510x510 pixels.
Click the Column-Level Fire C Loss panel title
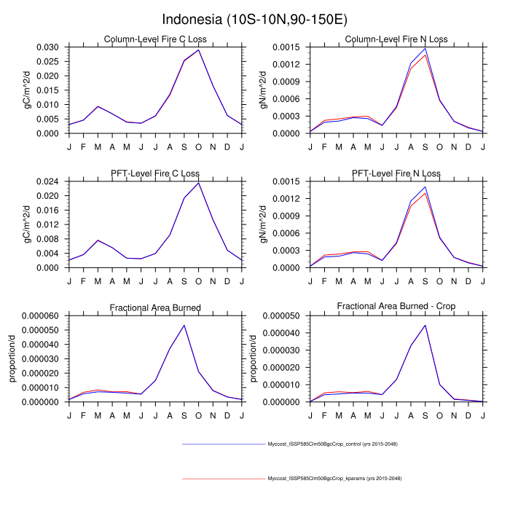pyautogui.click(x=154, y=39)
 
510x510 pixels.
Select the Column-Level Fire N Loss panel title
pyautogui.click(x=396, y=39)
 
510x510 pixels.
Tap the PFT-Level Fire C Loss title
pyautogui.click(x=154, y=173)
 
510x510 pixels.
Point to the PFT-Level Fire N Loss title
pyautogui.click(x=396, y=173)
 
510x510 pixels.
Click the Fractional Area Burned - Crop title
pyautogui.click(x=396, y=307)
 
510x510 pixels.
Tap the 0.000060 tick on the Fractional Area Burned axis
pyautogui.click(x=42, y=315)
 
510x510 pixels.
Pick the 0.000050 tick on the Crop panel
pyautogui.click(x=283, y=315)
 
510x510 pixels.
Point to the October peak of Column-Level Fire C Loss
pyautogui.click(x=198, y=50)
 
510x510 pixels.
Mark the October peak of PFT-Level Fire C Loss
pyautogui.click(x=198, y=183)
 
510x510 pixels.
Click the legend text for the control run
pyautogui.click(x=332, y=444)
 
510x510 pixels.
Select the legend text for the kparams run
pyautogui.click(x=334, y=479)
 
